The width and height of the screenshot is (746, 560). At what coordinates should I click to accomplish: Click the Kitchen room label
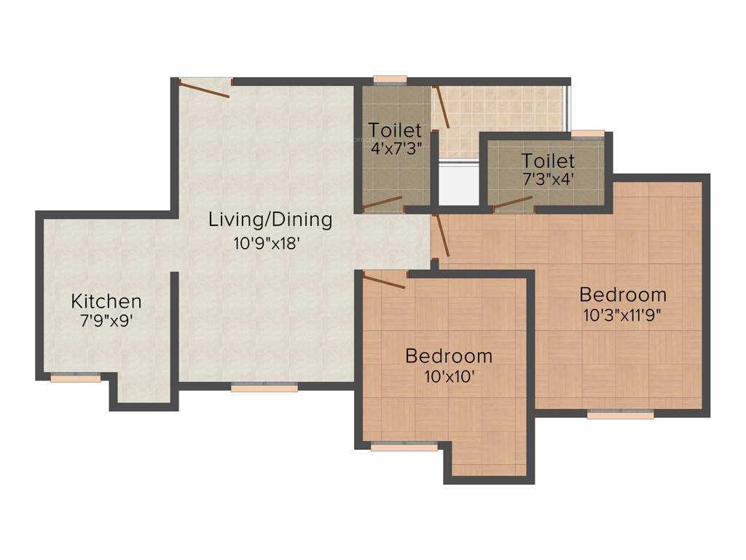pyautogui.click(x=106, y=301)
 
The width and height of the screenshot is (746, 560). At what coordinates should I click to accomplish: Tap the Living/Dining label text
pyautogui.click(x=270, y=219)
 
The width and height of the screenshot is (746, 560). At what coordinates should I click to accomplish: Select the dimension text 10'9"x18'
pyautogui.click(x=267, y=244)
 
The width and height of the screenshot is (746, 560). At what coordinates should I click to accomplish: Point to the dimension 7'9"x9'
pyautogui.click(x=106, y=320)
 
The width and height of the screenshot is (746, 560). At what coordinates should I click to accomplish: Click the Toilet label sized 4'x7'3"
pyautogui.click(x=395, y=131)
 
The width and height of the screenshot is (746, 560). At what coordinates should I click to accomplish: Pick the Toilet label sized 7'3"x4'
pyautogui.click(x=548, y=160)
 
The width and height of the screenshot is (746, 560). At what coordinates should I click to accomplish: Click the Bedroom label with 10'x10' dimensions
pyautogui.click(x=449, y=357)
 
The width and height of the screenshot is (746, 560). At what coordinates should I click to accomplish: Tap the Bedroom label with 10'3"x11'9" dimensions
pyautogui.click(x=623, y=295)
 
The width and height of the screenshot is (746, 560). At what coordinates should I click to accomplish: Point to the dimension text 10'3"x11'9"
pyautogui.click(x=623, y=315)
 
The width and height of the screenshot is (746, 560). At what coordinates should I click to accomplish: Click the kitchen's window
pyautogui.click(x=76, y=378)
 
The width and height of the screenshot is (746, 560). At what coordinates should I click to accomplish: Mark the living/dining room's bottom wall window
pyautogui.click(x=264, y=388)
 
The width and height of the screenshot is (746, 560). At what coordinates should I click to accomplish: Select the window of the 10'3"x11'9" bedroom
pyautogui.click(x=621, y=415)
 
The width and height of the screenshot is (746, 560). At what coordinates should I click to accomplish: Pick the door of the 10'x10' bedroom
pyautogui.click(x=384, y=281)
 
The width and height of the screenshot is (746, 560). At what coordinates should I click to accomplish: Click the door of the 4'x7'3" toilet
pyautogui.click(x=382, y=203)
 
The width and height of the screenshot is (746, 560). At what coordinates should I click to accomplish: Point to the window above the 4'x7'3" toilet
pyautogui.click(x=390, y=80)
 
